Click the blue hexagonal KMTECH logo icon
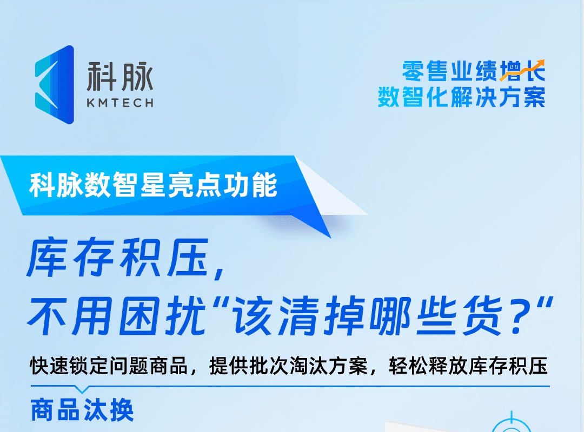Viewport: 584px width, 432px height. coord(54,84)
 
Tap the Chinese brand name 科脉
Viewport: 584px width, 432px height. coord(120,76)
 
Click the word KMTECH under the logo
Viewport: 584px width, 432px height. coord(120,103)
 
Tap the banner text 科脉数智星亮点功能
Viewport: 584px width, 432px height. coord(154,185)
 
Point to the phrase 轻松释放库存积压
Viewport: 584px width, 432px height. coord(468,366)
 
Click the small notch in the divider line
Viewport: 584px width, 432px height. coord(82,389)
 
